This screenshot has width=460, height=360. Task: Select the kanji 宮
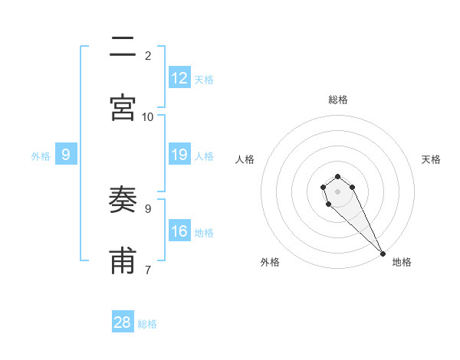[x=123, y=107]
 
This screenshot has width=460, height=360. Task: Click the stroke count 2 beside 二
[x=148, y=55]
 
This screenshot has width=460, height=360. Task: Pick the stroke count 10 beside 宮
[x=148, y=116]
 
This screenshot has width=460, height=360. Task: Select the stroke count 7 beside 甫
[x=148, y=270]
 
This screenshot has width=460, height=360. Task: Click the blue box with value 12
[x=179, y=78]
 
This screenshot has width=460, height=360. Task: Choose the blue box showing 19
[x=179, y=155]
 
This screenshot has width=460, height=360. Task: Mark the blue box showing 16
[x=179, y=231]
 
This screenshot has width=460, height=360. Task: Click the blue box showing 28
[x=123, y=322]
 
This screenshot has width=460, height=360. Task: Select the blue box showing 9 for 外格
[x=66, y=155]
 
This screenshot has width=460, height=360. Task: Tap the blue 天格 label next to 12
[x=204, y=79]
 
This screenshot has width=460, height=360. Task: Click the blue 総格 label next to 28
[x=147, y=323]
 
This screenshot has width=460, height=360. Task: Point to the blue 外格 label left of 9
[x=41, y=155]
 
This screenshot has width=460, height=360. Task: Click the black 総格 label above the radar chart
[x=338, y=100]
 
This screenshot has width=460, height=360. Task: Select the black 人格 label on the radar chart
[x=245, y=159]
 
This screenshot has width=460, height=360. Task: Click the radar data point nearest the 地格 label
[x=383, y=254]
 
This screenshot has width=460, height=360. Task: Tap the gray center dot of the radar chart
[x=337, y=191]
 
